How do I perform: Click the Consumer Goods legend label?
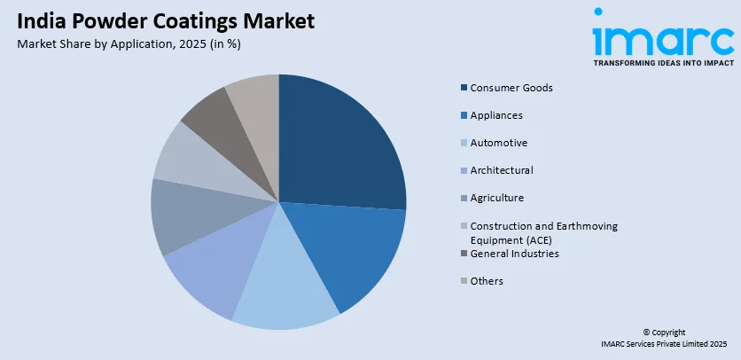click(x=511, y=88)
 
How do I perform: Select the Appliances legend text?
click(x=496, y=115)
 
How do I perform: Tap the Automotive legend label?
click(x=499, y=143)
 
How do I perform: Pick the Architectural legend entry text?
click(x=502, y=170)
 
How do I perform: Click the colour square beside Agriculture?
click(x=464, y=198)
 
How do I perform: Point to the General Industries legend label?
click(x=514, y=254)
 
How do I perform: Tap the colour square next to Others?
click(x=464, y=281)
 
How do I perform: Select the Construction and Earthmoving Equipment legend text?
click(x=543, y=231)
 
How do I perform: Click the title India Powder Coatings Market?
click(x=165, y=22)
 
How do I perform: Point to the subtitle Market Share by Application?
click(x=129, y=43)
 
